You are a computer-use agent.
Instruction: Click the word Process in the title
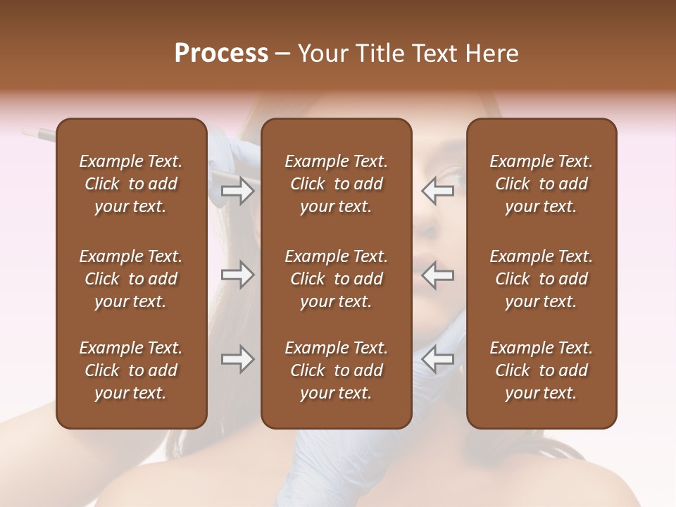(x=221, y=53)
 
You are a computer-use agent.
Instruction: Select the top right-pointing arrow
(x=237, y=191)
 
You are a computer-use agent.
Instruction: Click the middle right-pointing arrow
(x=237, y=275)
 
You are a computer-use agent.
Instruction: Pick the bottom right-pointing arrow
(x=237, y=359)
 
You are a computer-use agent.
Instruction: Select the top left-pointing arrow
(x=437, y=191)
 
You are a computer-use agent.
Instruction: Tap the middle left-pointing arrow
(x=437, y=275)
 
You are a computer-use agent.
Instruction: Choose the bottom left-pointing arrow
(x=437, y=359)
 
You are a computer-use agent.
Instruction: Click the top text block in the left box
(x=131, y=184)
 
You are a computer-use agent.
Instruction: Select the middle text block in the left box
(x=131, y=279)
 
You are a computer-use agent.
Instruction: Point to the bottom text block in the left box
(x=131, y=370)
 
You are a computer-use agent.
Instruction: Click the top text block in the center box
(x=336, y=184)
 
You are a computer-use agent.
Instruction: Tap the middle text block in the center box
(x=336, y=279)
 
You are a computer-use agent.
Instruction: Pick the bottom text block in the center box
(x=336, y=370)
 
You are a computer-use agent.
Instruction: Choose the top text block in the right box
(x=541, y=184)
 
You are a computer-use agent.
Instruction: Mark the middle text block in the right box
(x=541, y=279)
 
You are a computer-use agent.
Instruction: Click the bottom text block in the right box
(x=541, y=370)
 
